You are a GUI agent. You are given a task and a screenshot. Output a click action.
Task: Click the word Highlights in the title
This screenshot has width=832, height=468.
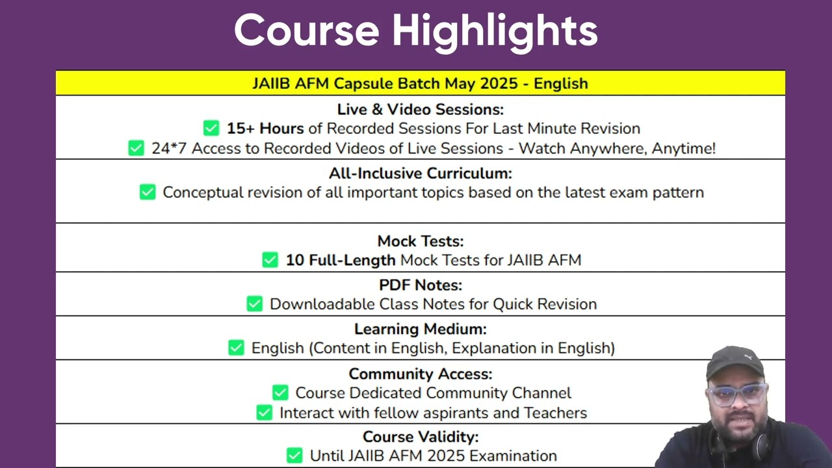point(495,32)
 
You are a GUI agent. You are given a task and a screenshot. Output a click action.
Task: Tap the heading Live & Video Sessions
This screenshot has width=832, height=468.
point(421,110)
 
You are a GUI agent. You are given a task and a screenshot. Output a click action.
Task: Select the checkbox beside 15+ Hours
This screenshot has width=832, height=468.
point(211,128)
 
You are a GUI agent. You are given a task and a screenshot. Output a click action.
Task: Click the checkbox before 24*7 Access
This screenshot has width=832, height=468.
point(136,148)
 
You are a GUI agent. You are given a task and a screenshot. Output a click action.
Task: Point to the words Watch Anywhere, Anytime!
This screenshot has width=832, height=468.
point(617,149)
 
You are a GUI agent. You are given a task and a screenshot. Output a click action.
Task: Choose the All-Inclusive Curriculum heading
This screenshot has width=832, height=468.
point(421,174)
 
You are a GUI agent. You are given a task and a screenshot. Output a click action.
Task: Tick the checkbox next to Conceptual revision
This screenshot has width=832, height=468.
point(148,192)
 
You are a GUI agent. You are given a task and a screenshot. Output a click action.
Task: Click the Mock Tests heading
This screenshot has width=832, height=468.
point(421,241)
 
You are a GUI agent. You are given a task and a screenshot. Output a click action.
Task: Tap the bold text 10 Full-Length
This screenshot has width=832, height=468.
point(341,261)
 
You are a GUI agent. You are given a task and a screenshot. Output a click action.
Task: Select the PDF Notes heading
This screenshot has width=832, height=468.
point(421,285)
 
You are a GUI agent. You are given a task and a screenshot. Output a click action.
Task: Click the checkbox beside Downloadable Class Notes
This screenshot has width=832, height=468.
point(254,304)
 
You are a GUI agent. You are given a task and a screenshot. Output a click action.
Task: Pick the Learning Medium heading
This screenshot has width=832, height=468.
point(421,330)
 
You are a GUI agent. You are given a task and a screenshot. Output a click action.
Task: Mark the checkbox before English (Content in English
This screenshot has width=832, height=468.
point(236,348)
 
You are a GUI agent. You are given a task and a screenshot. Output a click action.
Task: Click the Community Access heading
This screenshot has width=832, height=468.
point(421,374)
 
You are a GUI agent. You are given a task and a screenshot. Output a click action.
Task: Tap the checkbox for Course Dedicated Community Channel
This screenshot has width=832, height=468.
point(280,393)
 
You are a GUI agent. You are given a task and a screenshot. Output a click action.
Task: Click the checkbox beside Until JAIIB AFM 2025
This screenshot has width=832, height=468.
point(294,456)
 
